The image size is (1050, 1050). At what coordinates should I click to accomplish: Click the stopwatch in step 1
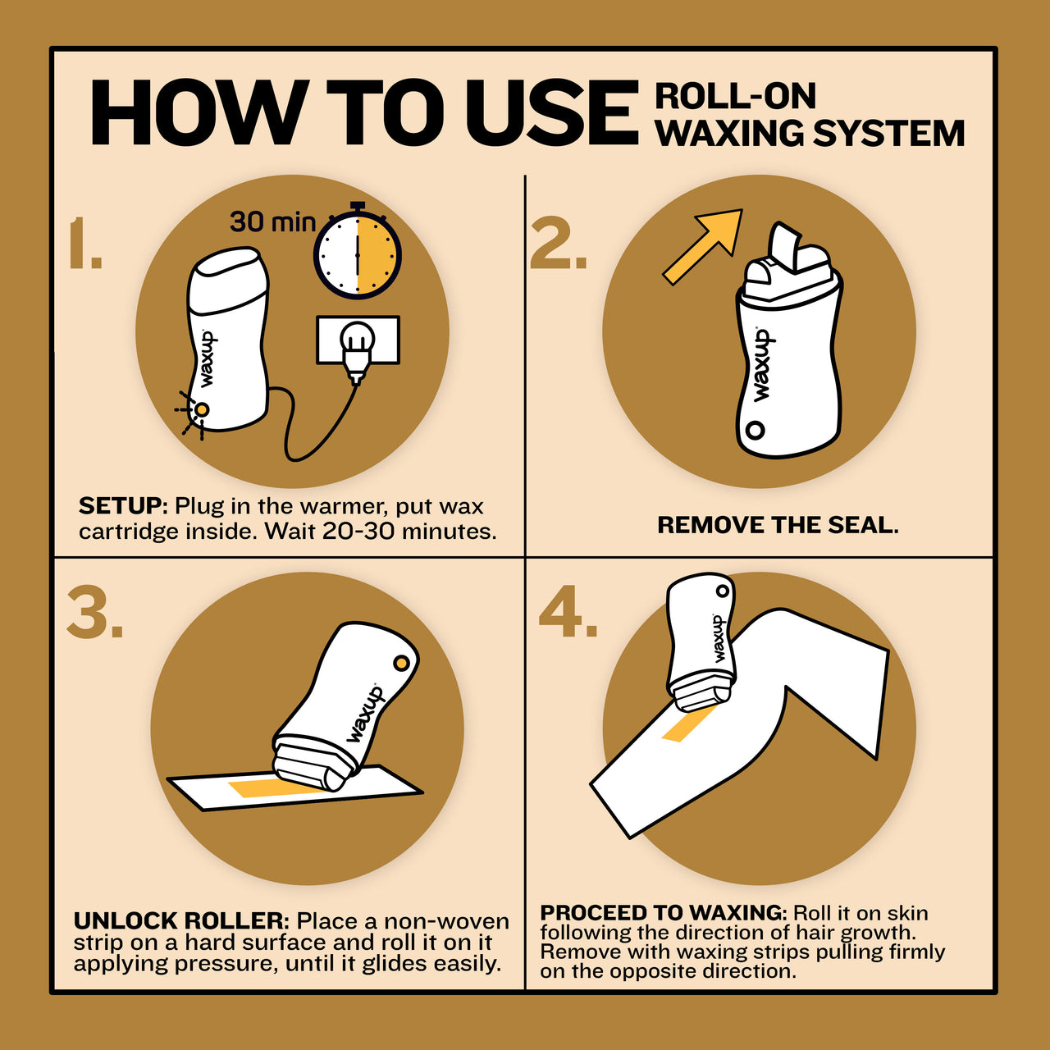tap(357, 252)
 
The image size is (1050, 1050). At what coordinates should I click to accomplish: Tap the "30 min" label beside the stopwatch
tap(272, 222)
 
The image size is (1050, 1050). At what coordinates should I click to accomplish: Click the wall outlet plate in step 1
tap(358, 340)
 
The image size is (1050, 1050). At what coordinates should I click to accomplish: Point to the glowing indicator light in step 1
tap(202, 409)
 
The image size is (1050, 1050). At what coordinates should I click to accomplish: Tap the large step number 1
tap(85, 243)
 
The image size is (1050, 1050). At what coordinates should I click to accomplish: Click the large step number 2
tap(558, 243)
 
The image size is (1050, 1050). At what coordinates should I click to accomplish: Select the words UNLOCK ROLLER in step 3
tap(181, 921)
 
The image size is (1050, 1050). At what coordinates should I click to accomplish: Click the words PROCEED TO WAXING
tap(664, 913)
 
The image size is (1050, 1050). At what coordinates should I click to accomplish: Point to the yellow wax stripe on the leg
tap(689, 724)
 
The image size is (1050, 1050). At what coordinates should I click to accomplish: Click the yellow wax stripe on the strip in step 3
tap(269, 787)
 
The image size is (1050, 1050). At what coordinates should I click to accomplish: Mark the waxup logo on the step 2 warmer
tap(763, 364)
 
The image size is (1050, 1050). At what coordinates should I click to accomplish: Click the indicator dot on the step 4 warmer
tap(723, 591)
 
